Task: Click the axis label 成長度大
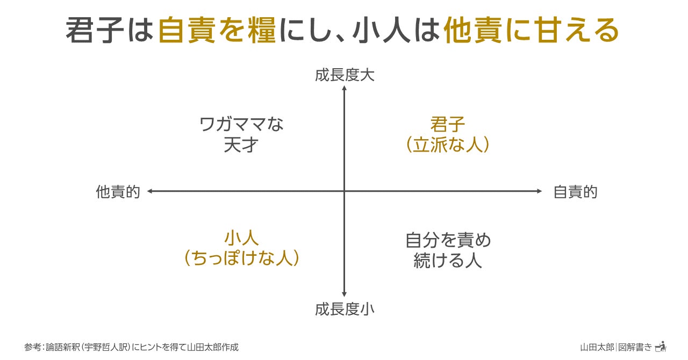345,75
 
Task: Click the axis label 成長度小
345,309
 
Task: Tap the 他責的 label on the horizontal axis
118,192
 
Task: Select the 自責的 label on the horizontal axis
575,192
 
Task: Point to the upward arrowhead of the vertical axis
345,88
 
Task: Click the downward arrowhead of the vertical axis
345,294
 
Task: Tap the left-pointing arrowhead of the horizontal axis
150,191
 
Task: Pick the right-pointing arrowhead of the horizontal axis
539,191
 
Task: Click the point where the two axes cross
345,191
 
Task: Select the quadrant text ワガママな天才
241,134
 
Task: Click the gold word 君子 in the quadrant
448,125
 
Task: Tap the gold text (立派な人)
448,145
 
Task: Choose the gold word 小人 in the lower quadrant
241,237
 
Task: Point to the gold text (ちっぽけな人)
241,258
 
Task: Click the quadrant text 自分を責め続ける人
448,250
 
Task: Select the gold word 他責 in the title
473,30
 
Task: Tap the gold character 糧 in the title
261,30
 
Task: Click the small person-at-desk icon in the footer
661,346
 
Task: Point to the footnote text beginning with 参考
132,347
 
